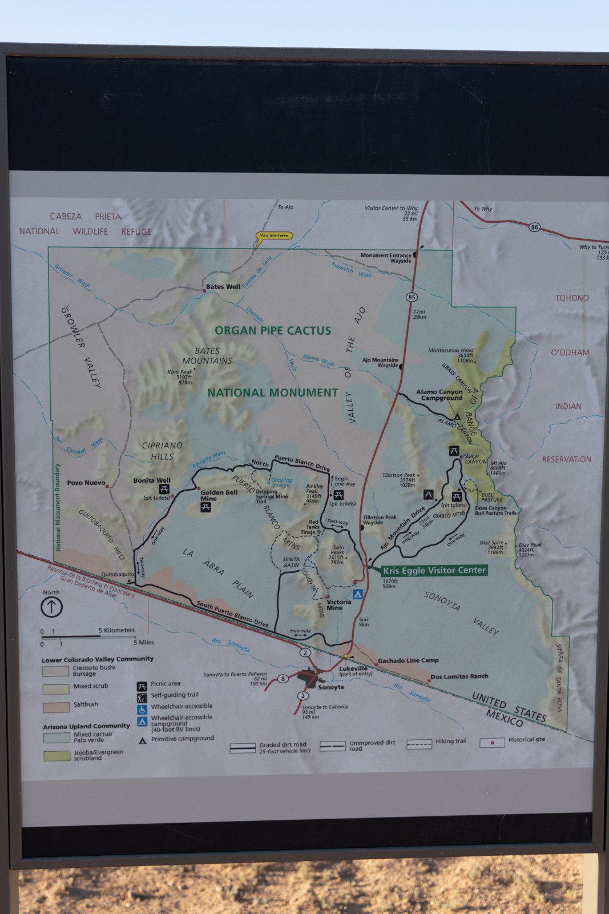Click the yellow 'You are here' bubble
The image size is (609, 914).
click(274, 235)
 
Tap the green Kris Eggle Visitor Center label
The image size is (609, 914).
click(434, 570)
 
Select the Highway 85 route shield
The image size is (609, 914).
click(412, 297)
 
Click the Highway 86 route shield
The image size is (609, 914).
click(534, 227)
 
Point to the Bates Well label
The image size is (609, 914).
click(223, 287)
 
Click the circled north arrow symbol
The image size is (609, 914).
click(51, 607)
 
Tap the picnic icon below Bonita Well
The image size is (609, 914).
click(164, 489)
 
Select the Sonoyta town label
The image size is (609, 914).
click(330, 687)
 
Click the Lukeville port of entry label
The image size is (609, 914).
click(353, 670)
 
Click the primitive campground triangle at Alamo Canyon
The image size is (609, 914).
click(457, 416)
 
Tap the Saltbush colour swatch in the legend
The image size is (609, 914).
click(55, 707)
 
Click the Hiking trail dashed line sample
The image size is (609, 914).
click(419, 744)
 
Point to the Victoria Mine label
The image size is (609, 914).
click(338, 604)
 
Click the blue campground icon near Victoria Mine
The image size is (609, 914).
click(358, 594)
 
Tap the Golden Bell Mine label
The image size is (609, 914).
click(219, 495)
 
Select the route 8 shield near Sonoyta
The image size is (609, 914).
click(283, 679)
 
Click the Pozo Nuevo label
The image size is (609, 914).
click(86, 483)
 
